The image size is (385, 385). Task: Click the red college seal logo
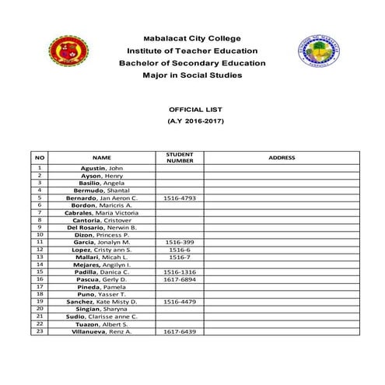(69, 52)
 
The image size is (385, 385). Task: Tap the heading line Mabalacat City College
(192, 38)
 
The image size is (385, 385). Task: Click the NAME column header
(102, 157)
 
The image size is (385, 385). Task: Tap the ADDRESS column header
(281, 157)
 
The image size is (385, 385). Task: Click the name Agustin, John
(102, 168)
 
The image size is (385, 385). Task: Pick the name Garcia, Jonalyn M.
(102, 242)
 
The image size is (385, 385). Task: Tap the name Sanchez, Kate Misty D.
(102, 301)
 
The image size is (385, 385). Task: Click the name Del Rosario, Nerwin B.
(102, 227)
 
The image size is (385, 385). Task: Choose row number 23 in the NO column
(39, 331)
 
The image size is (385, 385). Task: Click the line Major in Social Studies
(192, 75)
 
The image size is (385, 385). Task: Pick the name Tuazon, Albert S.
(102, 324)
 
